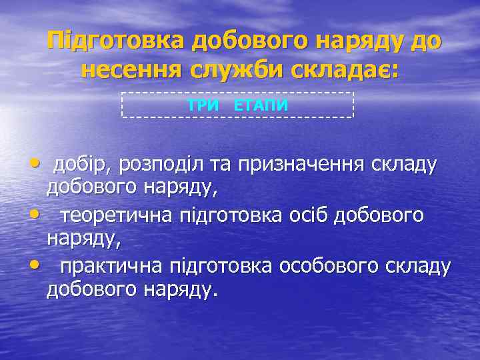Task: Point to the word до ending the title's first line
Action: pos(427,41)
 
